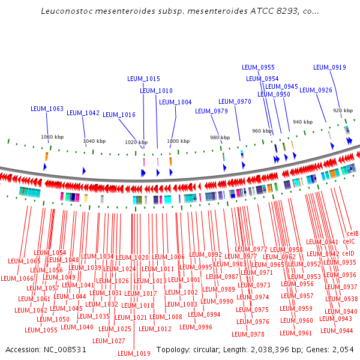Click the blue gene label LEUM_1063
47,109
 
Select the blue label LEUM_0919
329,67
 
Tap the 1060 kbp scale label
52,137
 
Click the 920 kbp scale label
343,110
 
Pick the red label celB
353,233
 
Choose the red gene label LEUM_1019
134,353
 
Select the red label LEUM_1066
17,278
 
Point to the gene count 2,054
341,349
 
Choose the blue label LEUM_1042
83,113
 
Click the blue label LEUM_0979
211,111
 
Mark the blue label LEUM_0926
316,90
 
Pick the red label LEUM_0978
248,334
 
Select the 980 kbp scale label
220,137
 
